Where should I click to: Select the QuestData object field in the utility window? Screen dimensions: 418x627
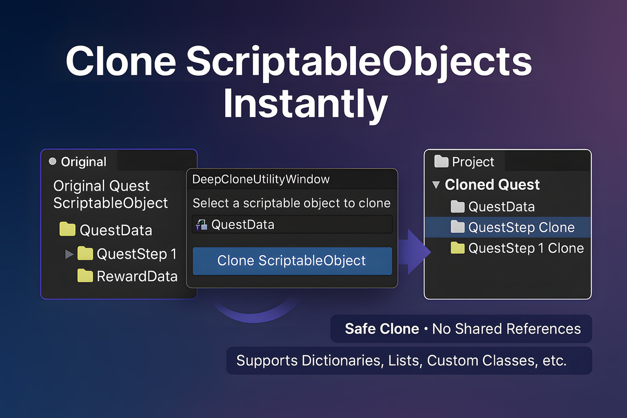293,225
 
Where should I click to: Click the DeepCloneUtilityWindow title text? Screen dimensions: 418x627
261,179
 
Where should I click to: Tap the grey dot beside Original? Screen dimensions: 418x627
52,162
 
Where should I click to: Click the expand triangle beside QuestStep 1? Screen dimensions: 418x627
69,254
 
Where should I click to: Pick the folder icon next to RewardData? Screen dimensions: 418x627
85,276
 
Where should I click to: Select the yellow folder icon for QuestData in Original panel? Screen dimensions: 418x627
67,230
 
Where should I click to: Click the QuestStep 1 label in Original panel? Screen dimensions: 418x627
136,254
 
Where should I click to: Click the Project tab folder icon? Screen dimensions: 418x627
442,162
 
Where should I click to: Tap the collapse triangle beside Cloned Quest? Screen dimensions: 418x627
435,185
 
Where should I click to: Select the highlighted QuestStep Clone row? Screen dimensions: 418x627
507,227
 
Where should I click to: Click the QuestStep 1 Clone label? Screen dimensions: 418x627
526,248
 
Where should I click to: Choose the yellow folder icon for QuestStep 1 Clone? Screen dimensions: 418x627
457,248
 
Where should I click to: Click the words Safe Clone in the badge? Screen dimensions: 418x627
381,329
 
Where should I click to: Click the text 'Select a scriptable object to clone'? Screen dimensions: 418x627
292,203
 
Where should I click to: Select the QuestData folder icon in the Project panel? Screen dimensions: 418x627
457,207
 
